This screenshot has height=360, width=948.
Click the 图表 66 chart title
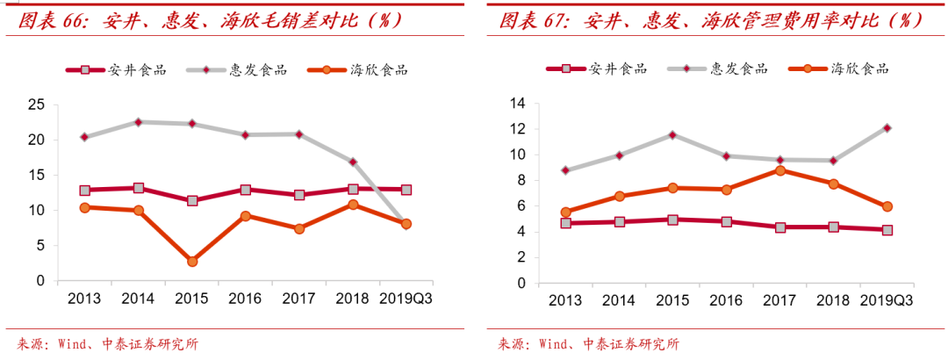(x=210, y=20)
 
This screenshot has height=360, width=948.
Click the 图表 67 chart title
(x=711, y=20)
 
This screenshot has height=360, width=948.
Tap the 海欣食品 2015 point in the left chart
(x=192, y=262)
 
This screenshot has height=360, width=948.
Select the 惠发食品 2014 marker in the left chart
(x=139, y=122)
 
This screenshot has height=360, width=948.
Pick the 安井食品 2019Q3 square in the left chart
(x=406, y=190)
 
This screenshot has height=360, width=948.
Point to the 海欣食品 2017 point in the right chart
(x=780, y=170)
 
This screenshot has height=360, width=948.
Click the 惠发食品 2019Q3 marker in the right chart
(x=887, y=127)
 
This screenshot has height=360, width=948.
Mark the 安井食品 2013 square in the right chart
(x=566, y=223)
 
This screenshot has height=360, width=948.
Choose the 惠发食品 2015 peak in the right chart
(x=673, y=134)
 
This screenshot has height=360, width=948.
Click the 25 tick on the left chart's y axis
(x=36, y=105)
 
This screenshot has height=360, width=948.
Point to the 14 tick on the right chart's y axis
(x=518, y=104)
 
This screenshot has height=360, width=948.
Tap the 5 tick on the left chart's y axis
(x=40, y=246)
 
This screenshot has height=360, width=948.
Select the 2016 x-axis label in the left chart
(x=246, y=299)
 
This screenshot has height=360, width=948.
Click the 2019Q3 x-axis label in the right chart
(x=887, y=300)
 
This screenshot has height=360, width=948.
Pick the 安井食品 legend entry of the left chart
(x=116, y=69)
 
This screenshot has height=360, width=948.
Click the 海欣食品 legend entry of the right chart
(x=839, y=69)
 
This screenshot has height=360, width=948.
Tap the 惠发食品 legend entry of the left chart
(x=236, y=69)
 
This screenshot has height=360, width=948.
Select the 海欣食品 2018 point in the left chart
(x=353, y=205)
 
